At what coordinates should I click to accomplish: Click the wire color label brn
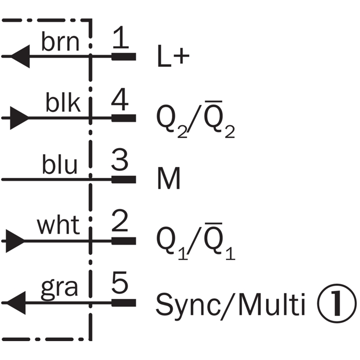pos(60,43)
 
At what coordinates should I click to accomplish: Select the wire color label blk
pos(63,104)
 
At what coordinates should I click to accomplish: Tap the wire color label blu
pos(60,166)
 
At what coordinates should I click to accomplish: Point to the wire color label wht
pos(58,226)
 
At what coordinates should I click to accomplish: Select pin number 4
pos(120,101)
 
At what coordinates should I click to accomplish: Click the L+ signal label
pos(174,58)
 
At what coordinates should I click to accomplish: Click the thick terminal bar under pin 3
pos(123,179)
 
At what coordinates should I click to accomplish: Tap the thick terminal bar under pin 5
pos(123,302)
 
